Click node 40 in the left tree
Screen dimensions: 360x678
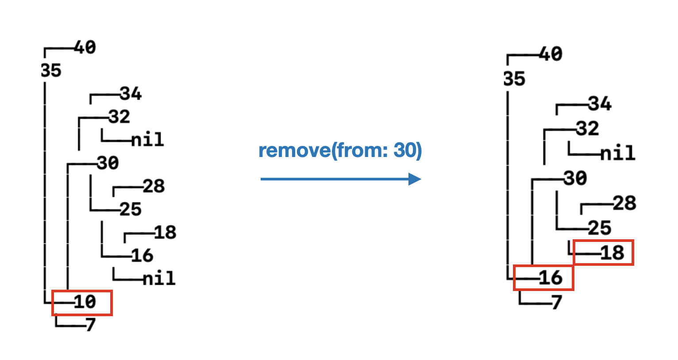click(85, 47)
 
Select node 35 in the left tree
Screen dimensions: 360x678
click(51, 71)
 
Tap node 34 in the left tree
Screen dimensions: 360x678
click(131, 94)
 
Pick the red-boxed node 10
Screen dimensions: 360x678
click(85, 302)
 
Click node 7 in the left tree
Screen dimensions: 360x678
click(91, 325)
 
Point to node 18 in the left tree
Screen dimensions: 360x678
click(165, 233)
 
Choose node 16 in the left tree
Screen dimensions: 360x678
click(142, 256)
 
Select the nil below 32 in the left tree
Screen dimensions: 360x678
click(148, 140)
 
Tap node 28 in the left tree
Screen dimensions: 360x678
click(154, 186)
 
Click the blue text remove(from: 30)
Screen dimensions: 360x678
click(340, 151)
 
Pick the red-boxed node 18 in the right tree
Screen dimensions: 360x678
click(612, 253)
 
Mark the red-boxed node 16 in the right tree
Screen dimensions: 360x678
click(551, 278)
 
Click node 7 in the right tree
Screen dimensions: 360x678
click(557, 303)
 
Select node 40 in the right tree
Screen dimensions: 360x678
click(551, 54)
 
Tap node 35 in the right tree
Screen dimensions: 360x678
click(514, 79)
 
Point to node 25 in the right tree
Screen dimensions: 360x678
click(600, 228)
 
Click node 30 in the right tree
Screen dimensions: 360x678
click(575, 179)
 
